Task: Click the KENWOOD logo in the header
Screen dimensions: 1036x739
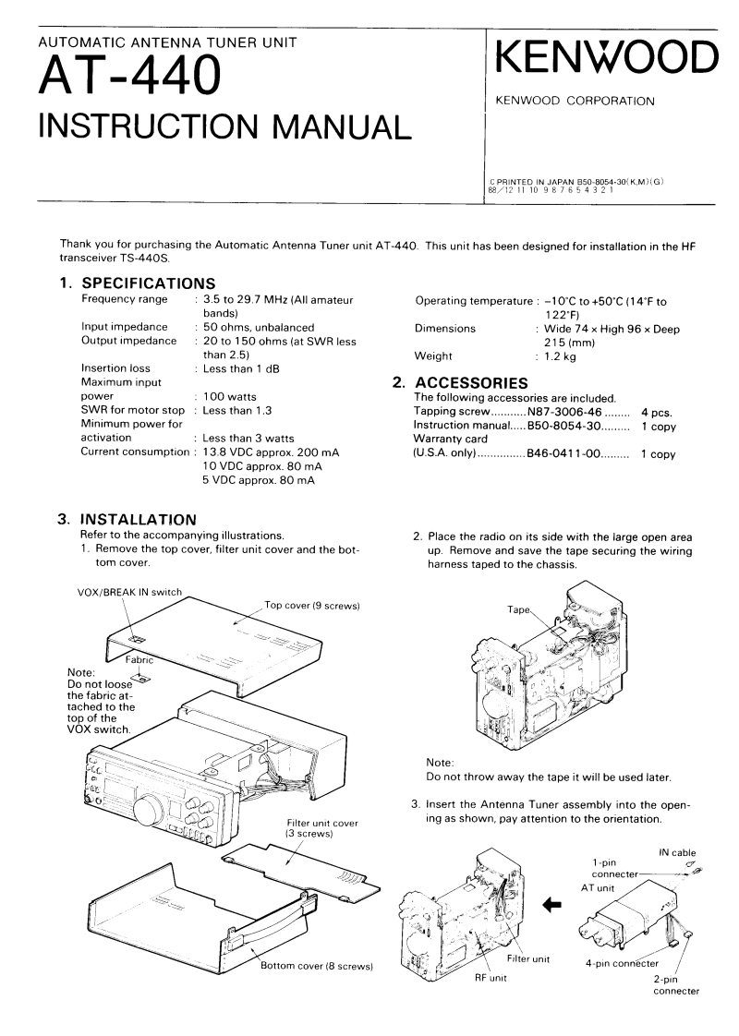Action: (606, 60)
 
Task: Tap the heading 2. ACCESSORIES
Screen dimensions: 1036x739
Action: (459, 382)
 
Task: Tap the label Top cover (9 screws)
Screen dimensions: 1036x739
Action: (311, 606)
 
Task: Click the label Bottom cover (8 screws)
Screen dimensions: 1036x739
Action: (316, 966)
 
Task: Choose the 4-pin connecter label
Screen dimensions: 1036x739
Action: (622, 964)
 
